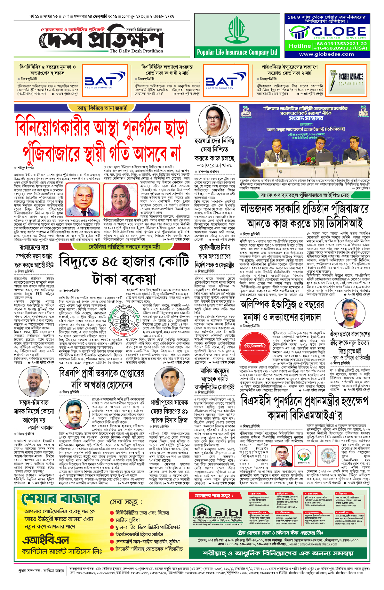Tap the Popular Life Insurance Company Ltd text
pos(237,53)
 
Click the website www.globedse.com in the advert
pos(326,54)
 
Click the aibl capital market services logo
pos(218,514)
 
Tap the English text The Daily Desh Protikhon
pos(136,51)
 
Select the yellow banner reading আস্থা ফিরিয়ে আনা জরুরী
pos(102,108)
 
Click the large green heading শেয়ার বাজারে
pos(61,498)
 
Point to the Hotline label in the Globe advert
pos(299,46)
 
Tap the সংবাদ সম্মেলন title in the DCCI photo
pos(306,118)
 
